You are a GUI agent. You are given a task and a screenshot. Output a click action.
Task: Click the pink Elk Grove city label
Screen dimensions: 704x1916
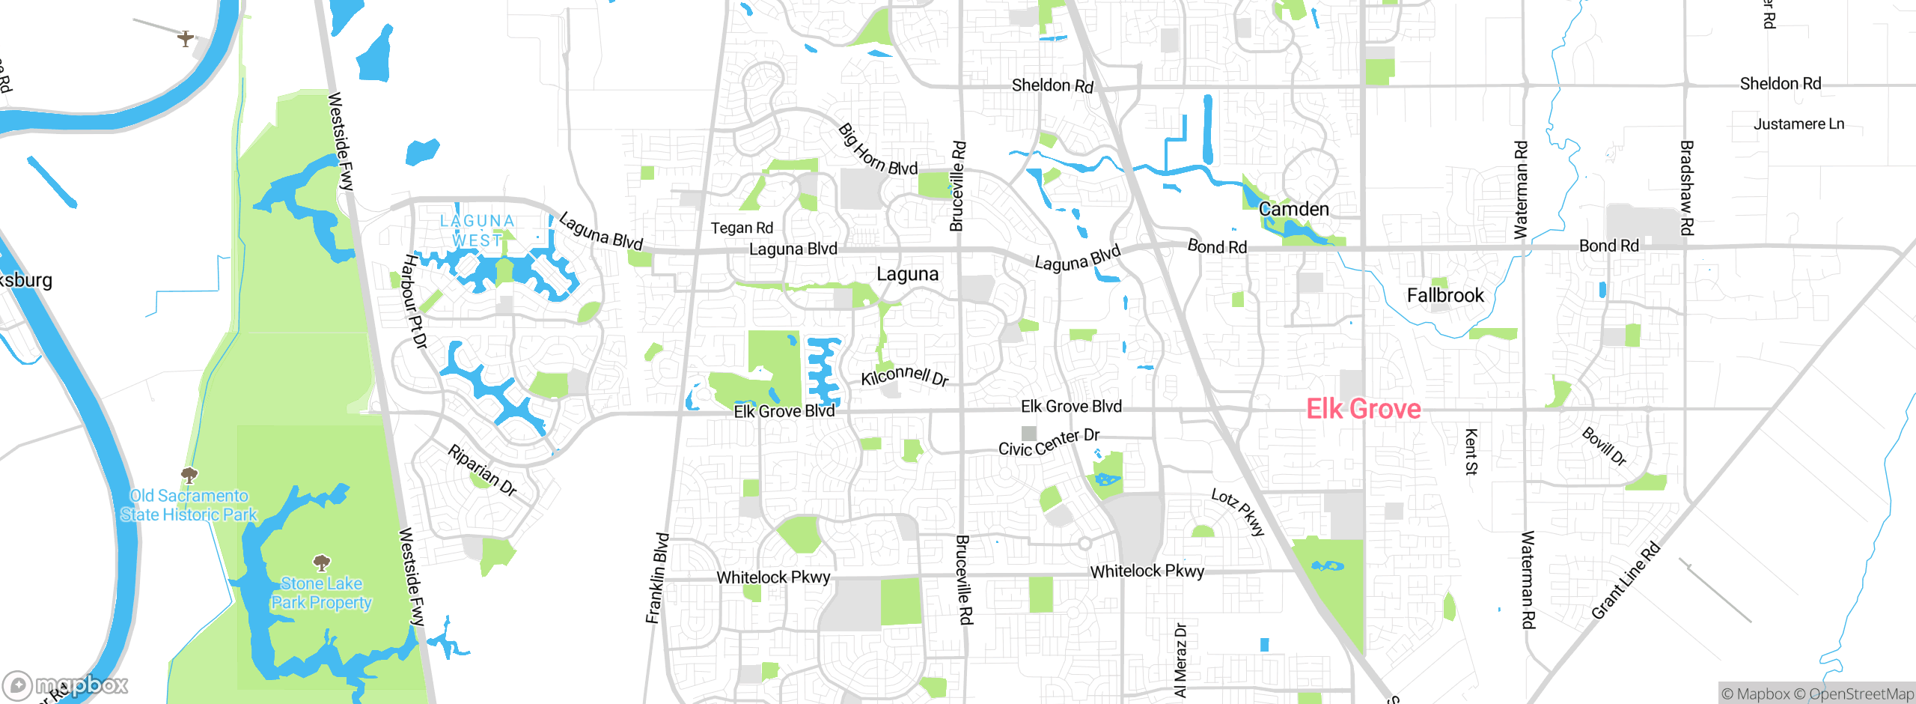point(1363,409)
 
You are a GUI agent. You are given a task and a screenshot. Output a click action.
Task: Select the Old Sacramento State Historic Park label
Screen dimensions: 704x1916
point(189,505)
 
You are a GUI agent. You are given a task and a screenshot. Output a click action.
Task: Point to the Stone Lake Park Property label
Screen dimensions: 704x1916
point(321,592)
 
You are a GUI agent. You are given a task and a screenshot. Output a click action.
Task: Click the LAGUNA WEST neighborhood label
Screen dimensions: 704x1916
point(477,231)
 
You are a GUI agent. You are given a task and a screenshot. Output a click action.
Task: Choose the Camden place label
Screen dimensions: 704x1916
point(1293,209)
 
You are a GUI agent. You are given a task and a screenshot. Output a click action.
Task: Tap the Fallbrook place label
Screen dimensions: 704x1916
point(1444,295)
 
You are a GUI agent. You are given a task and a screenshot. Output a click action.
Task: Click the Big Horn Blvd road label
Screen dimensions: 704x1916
point(877,151)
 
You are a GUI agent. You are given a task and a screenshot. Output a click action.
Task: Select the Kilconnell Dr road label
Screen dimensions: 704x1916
point(904,375)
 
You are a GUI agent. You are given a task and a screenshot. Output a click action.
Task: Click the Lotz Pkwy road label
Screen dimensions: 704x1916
point(1238,512)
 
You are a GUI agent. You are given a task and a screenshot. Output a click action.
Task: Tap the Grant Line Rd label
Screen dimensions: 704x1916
point(1626,580)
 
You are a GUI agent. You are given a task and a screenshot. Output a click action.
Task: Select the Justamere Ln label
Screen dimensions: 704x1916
point(1798,124)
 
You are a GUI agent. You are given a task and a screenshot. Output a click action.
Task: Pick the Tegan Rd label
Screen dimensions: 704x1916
point(741,228)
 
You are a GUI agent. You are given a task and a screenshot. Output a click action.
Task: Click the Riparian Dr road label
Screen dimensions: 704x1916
point(483,470)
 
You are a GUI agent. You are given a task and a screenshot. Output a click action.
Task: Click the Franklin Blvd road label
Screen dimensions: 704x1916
point(656,577)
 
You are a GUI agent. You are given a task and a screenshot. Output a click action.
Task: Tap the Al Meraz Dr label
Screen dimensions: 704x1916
point(1180,660)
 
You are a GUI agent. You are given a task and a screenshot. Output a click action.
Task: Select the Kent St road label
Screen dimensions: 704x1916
point(1471,452)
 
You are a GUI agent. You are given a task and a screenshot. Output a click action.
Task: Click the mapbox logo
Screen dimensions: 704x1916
point(65,685)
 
